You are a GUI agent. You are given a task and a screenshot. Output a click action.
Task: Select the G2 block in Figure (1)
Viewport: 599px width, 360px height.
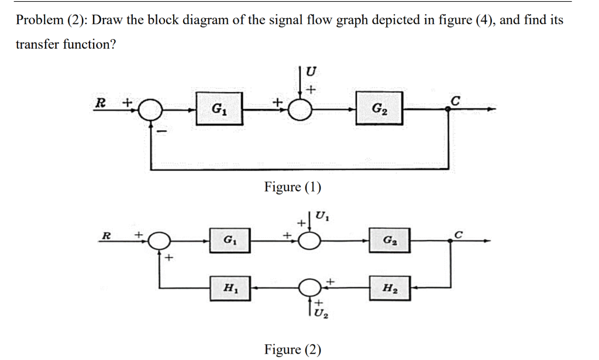coord(377,109)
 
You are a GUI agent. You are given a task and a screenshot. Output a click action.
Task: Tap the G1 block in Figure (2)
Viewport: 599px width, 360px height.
coord(230,241)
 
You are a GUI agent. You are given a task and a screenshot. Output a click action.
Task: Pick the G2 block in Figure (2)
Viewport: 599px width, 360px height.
coord(388,241)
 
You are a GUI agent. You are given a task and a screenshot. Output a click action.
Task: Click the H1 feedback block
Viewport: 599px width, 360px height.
coord(230,287)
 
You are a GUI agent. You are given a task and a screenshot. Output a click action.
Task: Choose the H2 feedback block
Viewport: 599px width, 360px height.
coord(388,287)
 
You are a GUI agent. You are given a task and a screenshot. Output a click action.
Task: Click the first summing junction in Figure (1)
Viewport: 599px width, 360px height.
coord(153,109)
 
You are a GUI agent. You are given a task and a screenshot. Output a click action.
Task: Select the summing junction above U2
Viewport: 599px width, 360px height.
coord(312,287)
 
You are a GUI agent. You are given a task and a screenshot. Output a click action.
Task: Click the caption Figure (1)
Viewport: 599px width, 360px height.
coord(292,187)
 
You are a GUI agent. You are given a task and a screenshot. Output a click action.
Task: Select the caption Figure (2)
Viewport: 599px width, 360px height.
coord(292,350)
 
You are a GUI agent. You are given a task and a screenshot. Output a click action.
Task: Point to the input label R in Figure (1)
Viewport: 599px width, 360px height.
coord(101,102)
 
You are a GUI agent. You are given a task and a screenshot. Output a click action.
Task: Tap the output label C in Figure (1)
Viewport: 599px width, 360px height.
coord(454,101)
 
